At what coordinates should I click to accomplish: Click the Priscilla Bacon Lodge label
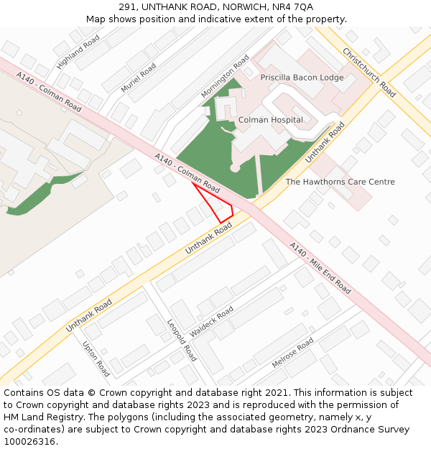point(302,78)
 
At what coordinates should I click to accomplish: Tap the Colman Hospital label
point(271,120)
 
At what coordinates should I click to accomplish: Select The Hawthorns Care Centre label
point(340,182)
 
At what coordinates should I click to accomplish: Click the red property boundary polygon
point(217,205)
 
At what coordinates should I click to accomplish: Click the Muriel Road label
point(139,78)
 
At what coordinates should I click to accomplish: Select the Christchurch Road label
point(369,73)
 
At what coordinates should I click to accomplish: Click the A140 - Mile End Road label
point(320,268)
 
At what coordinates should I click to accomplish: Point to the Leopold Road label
point(182,341)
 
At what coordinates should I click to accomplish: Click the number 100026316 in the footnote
point(29,442)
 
